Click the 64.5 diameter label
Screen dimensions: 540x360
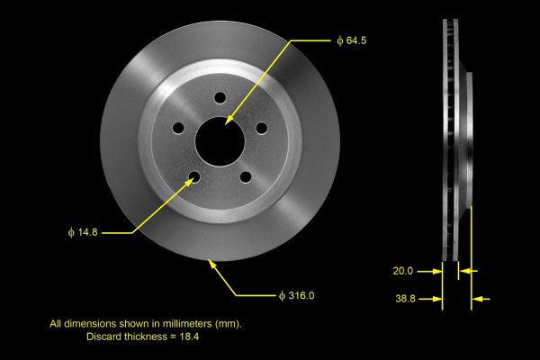pyautogui.click(x=352, y=40)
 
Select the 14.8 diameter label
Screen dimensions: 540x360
pyautogui.click(x=83, y=232)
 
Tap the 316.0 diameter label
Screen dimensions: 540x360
pyautogui.click(x=296, y=295)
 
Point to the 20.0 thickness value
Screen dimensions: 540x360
pyautogui.click(x=403, y=271)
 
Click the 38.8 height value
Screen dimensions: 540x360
pyautogui.click(x=405, y=299)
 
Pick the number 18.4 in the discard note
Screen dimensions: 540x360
pyautogui.click(x=189, y=337)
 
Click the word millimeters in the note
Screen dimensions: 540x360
pyautogui.click(x=187, y=324)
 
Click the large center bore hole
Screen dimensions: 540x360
pyautogui.click(x=220, y=141)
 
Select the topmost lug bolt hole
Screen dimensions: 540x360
pyautogui.click(x=220, y=98)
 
